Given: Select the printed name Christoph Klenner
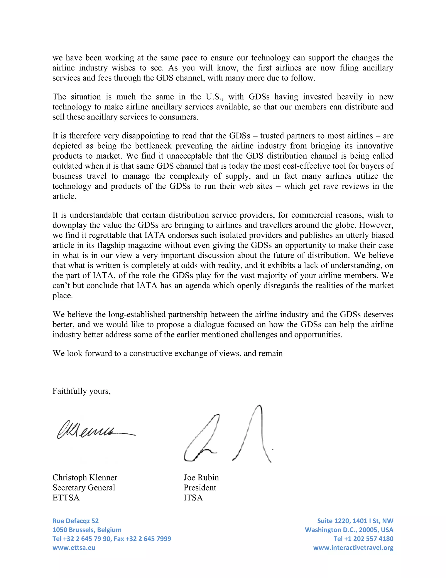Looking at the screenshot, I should click(x=85, y=477).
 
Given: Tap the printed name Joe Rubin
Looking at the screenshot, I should click(x=201, y=477).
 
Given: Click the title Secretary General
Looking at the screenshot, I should click(x=84, y=487).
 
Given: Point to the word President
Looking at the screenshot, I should click(x=200, y=487).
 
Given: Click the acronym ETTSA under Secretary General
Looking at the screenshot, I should click(x=66, y=498).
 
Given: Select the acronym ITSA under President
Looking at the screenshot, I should click(x=193, y=498).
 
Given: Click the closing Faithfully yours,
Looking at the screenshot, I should click(x=81, y=391).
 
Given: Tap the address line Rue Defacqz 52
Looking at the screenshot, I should click(x=75, y=521).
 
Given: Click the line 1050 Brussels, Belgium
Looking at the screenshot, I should click(x=87, y=530).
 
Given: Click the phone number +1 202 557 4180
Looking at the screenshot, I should click(x=369, y=539).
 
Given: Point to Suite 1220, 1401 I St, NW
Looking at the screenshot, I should click(x=355, y=521).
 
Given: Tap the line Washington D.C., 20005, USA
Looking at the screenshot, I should click(x=349, y=530).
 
